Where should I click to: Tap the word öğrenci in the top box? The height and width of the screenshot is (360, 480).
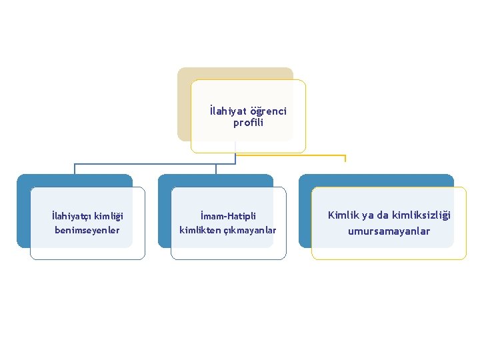pyautogui.click(x=269, y=111)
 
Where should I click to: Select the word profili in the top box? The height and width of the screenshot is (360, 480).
pyautogui.click(x=248, y=123)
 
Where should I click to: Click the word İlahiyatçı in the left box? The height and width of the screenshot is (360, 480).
pyautogui.click(x=71, y=215)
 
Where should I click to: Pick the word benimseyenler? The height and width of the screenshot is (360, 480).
pyautogui.click(x=87, y=230)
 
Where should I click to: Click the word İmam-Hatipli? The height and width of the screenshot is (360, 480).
pyautogui.click(x=228, y=216)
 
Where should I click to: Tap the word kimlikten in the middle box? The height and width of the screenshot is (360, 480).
pyautogui.click(x=199, y=230)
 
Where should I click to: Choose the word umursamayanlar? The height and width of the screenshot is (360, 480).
pyautogui.click(x=389, y=231)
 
